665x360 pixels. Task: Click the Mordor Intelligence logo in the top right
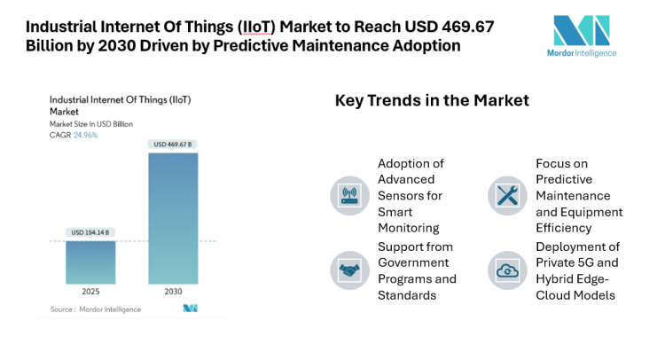click(x=585, y=35)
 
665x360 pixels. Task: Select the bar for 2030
click(x=173, y=217)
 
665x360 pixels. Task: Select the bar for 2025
click(x=90, y=262)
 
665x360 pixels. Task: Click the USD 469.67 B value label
click(x=173, y=145)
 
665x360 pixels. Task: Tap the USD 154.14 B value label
click(x=90, y=232)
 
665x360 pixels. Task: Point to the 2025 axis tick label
click(x=90, y=292)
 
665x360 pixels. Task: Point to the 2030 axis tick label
click(x=173, y=292)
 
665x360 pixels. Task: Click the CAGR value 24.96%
click(x=85, y=135)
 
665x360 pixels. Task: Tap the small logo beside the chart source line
click(x=190, y=309)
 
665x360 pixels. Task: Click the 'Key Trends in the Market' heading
click(x=431, y=100)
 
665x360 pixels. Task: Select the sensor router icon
click(x=346, y=194)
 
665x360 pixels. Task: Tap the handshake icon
click(x=346, y=270)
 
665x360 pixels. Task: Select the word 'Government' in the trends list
click(x=415, y=262)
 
